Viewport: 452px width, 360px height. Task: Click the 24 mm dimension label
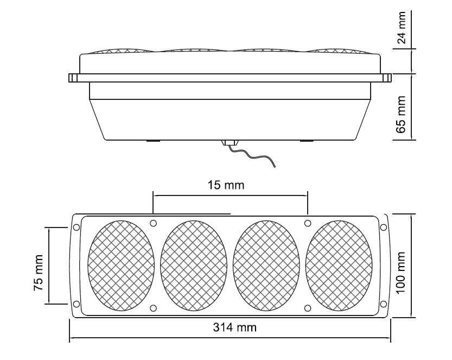[x=402, y=28]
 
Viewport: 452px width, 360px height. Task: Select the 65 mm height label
[x=402, y=114]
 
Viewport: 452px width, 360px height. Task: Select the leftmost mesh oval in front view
[x=122, y=266]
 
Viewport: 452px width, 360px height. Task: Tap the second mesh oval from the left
[x=194, y=266]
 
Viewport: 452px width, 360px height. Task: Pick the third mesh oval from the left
[x=266, y=266]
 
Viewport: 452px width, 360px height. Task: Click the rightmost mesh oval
[x=339, y=266]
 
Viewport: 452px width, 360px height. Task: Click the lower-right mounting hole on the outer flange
[x=384, y=304]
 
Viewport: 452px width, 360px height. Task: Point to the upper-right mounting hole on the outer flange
[x=384, y=227]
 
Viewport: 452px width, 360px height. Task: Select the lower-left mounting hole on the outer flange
[x=76, y=304]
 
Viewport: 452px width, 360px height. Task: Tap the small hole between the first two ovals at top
[x=154, y=223]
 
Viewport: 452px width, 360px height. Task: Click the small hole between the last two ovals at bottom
[x=308, y=308]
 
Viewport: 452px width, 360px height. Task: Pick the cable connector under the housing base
[x=230, y=142]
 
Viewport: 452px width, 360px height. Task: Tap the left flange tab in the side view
[x=73, y=78]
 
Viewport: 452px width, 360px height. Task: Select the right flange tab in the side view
[x=386, y=78]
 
